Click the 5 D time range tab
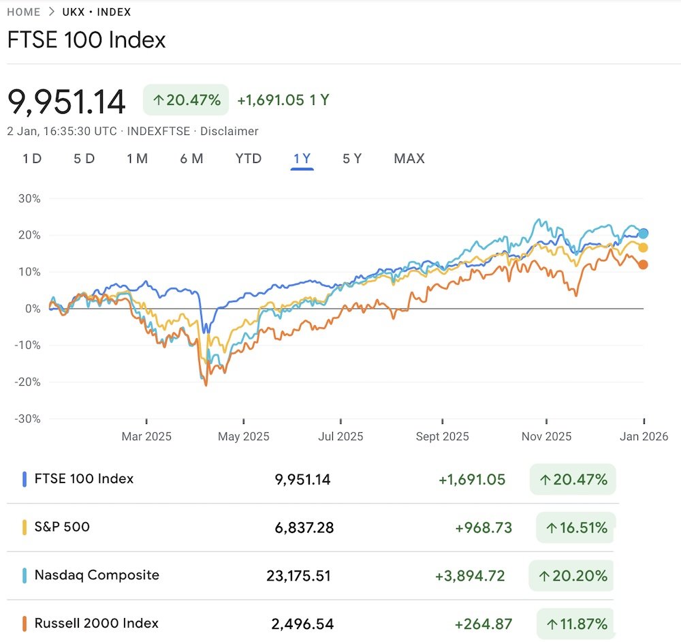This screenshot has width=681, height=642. [84, 159]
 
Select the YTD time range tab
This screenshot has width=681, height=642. [249, 159]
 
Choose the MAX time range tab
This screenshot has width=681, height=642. [409, 159]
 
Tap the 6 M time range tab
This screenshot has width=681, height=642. [191, 159]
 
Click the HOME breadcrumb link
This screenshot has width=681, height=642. [24, 12]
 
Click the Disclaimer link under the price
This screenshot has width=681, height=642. [230, 131]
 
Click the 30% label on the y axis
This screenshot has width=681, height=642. [29, 199]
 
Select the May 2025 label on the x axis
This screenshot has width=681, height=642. [243, 436]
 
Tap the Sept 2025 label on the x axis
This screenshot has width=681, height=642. [442, 436]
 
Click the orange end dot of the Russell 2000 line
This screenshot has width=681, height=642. [642, 264]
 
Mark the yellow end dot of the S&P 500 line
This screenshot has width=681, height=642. [642, 248]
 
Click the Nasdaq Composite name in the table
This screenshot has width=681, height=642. [97, 575]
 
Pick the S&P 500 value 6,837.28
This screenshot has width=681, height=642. [304, 528]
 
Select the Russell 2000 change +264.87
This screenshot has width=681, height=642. [483, 624]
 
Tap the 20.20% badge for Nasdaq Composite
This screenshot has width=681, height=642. [573, 576]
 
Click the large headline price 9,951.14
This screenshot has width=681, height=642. [67, 102]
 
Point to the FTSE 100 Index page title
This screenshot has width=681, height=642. [86, 40]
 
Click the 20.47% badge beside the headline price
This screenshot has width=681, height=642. [186, 100]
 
